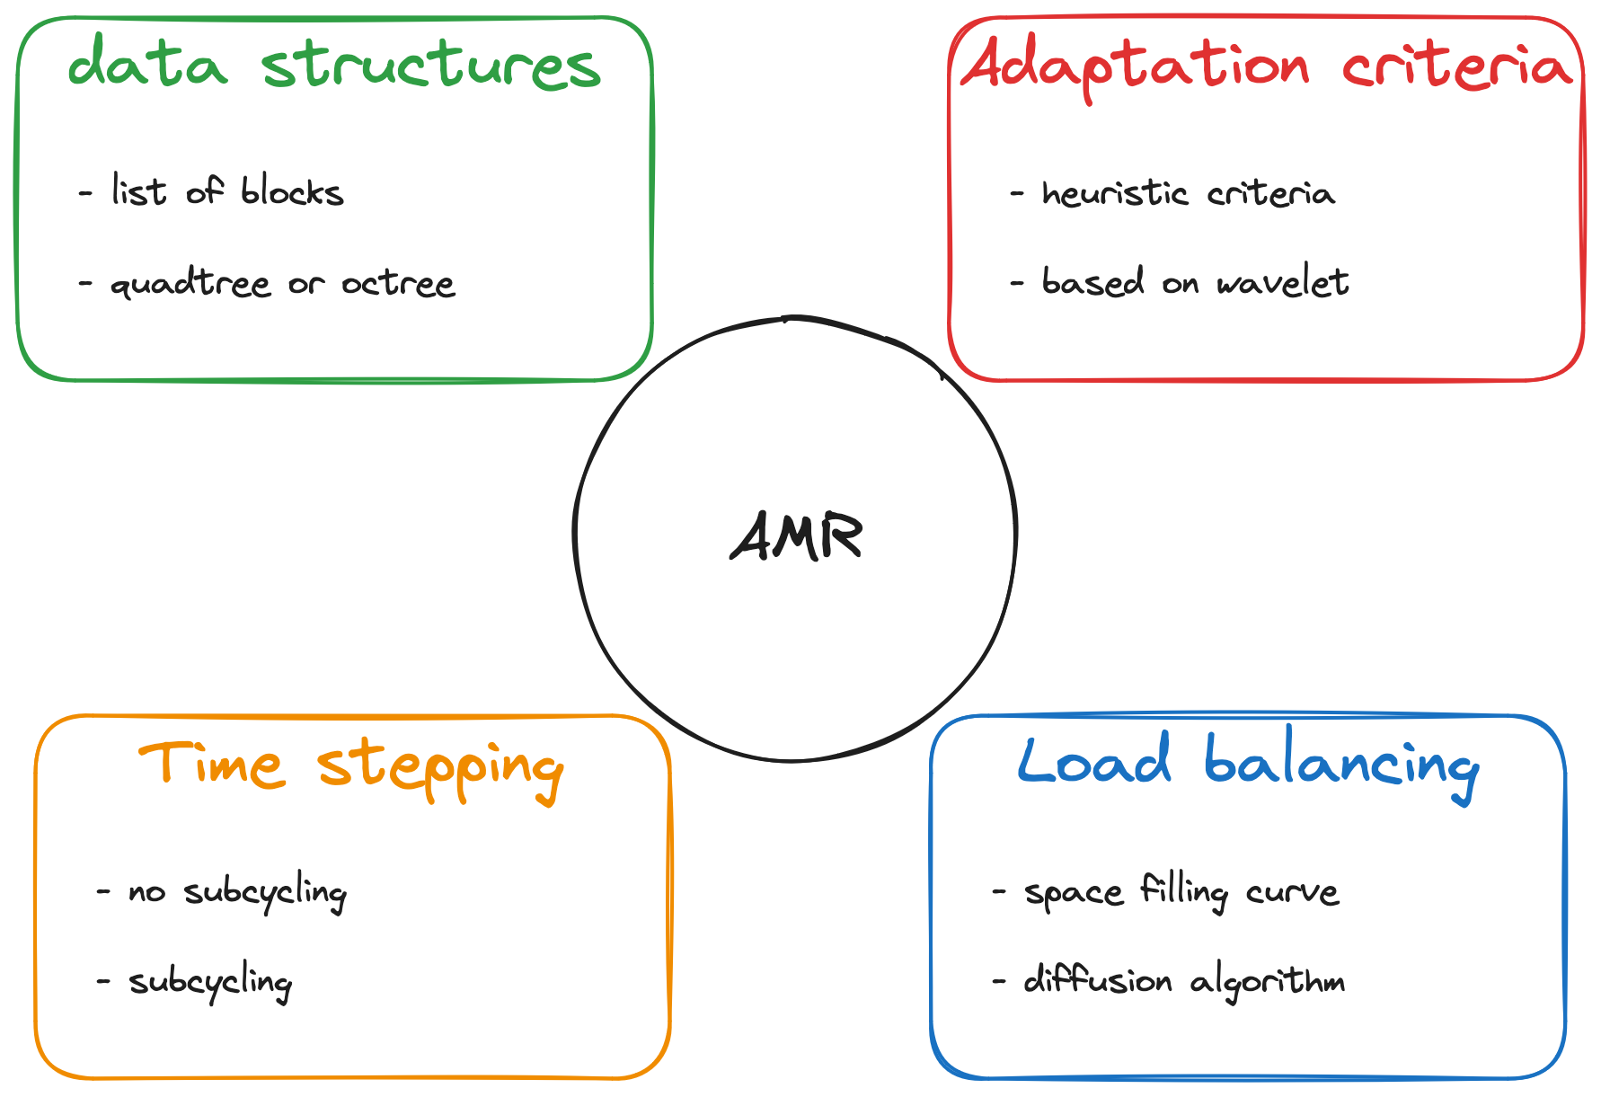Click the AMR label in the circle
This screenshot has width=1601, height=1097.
796,536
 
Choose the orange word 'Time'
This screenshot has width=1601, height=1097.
211,765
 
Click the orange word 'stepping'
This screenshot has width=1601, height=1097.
440,769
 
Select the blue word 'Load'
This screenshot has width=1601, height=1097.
1094,762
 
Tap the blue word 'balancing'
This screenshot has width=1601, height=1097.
1340,765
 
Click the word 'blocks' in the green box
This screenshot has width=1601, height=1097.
292,191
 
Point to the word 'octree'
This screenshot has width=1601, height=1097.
398,284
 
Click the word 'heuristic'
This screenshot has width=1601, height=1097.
1114,193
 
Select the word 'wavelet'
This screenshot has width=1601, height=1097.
1283,283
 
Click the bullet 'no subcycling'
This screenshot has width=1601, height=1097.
236,892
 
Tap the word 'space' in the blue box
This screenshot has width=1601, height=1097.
1074,892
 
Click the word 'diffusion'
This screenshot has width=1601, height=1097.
1098,980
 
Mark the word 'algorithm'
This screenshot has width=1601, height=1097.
1268,982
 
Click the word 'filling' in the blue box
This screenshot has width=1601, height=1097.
1184,892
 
